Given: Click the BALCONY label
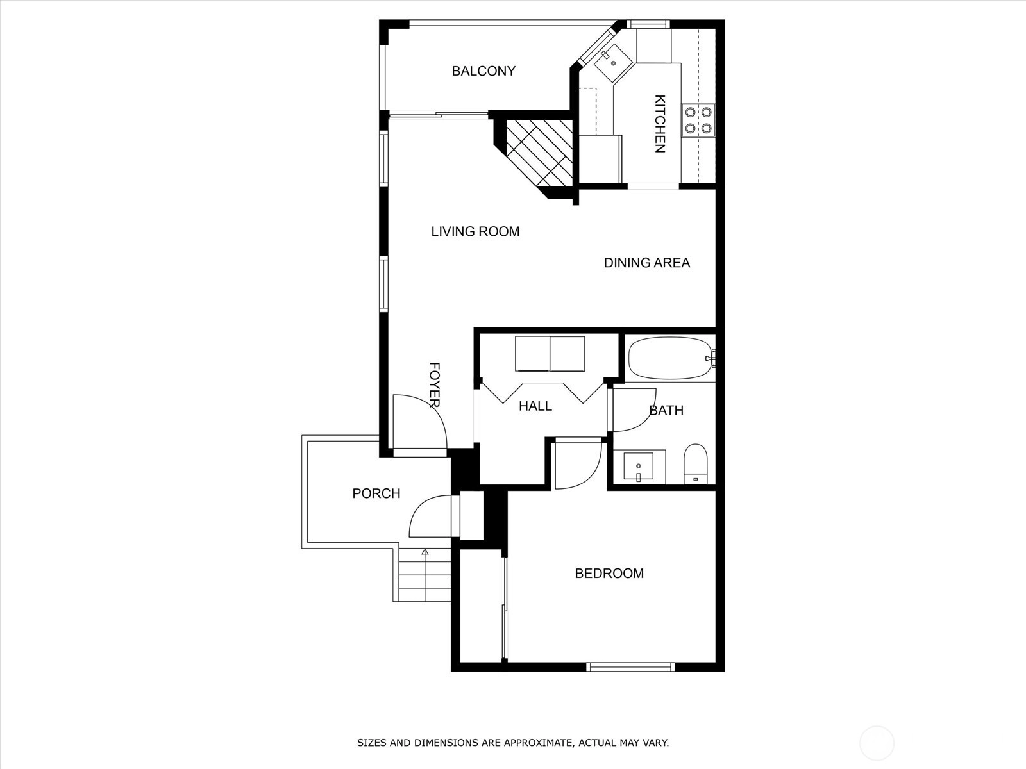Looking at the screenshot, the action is pos(484,71).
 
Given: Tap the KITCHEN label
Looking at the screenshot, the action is pos(660,124).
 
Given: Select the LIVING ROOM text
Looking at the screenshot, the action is pos(475,231).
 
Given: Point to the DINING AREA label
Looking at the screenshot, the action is pos(647,263).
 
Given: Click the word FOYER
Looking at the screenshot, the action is pos(435,384).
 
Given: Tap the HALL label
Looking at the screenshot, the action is pos(535,406).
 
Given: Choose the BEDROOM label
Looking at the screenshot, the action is pos(609,574).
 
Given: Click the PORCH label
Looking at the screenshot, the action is pos(376,493).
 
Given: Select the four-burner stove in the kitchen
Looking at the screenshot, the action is pos(698,120).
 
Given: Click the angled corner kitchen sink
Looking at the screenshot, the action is pos(613,65).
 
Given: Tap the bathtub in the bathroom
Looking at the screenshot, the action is pos(671,359).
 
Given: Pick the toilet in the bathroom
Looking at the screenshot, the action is pos(696,464).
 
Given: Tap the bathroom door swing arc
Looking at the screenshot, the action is pos(644,417).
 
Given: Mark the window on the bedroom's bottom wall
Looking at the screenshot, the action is pos(630,666).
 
